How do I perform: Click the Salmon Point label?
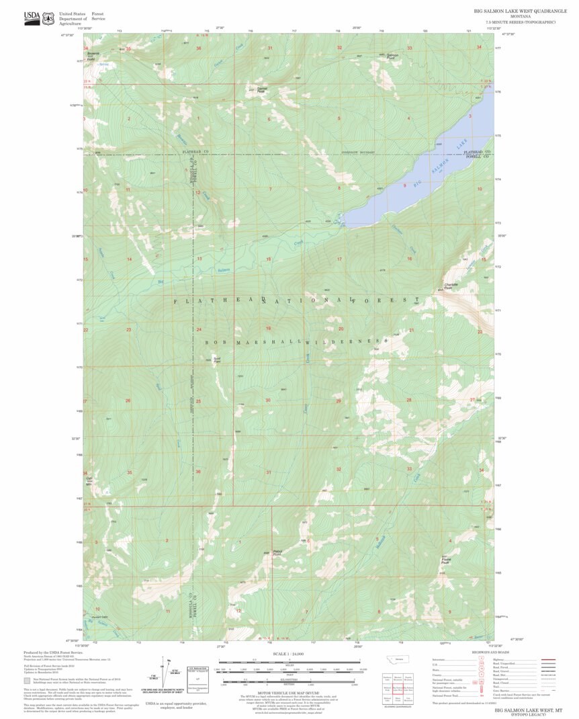pyautogui.click(x=392, y=56)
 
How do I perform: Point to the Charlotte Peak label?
pyautogui.click(x=452, y=287)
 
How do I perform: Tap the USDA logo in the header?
pyautogui.click(x=32, y=17)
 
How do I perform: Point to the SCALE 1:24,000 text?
pyautogui.click(x=288, y=653)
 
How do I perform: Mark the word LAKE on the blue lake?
pyautogui.click(x=460, y=144)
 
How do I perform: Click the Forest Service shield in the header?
pyautogui.click(x=48, y=18)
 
